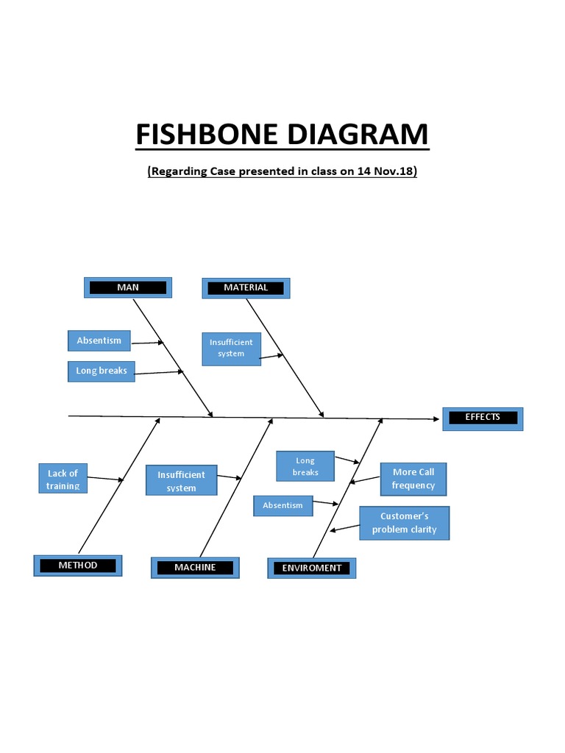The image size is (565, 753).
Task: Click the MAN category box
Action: point(128,288)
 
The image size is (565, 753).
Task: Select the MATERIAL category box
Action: point(246,288)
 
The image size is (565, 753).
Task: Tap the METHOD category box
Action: point(78,565)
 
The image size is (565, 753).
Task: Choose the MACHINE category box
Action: point(195,568)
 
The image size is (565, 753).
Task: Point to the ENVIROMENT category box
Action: point(312,568)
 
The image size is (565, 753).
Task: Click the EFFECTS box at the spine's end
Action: point(483,418)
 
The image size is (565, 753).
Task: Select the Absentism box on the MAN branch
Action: point(99,340)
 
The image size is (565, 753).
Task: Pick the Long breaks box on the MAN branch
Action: point(102,371)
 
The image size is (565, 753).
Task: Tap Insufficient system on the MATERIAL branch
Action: point(231,348)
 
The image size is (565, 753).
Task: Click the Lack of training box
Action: point(63,479)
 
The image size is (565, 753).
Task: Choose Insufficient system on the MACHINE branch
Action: point(181,482)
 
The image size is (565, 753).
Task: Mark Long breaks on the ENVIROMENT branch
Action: point(305,466)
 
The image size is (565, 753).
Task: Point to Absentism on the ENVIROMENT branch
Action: point(282,506)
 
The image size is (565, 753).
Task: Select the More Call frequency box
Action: point(413,479)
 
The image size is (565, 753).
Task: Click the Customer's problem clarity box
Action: point(404,523)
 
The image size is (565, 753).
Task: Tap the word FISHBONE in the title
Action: point(206,135)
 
